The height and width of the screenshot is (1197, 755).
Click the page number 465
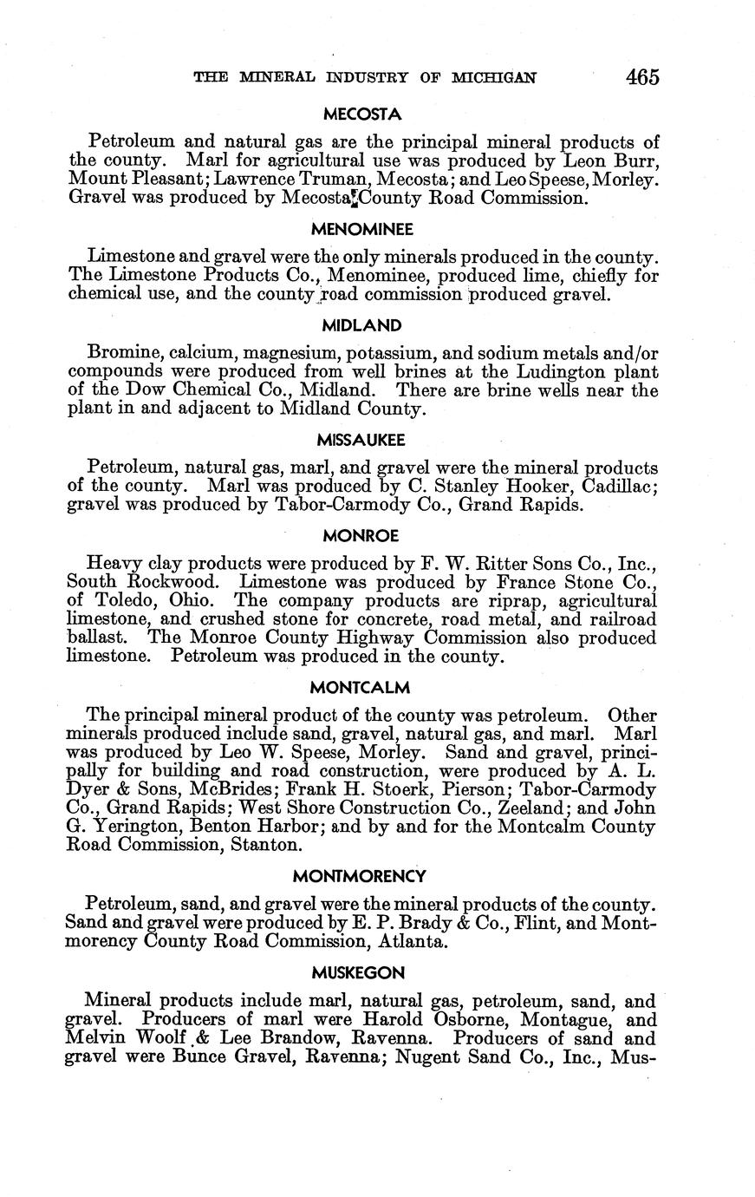(x=641, y=77)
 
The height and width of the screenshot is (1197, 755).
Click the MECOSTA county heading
(x=361, y=114)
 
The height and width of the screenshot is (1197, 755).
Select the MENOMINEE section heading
(x=361, y=230)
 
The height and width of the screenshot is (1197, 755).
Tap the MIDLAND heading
(x=361, y=326)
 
